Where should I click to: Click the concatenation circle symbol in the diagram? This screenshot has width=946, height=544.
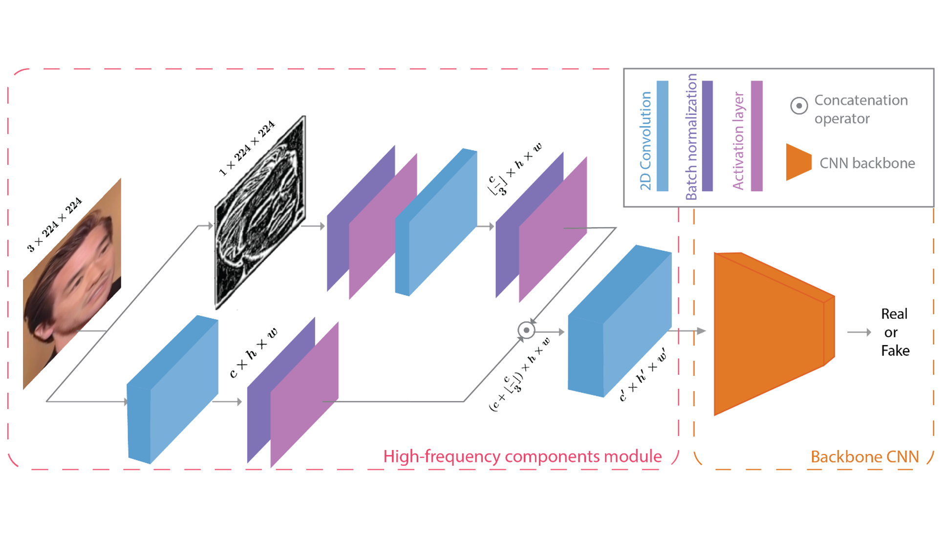coord(526,330)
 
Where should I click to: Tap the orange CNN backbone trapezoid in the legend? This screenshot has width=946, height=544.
coord(798,162)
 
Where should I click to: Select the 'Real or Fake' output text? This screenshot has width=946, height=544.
coord(894,332)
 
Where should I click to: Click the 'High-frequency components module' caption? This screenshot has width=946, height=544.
coord(522,456)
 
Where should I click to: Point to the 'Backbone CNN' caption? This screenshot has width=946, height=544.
coord(864,457)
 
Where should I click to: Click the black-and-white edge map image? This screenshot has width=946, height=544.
coord(260,213)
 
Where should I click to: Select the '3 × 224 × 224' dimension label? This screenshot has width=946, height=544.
coord(54,225)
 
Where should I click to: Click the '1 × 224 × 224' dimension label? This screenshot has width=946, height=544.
coord(247,148)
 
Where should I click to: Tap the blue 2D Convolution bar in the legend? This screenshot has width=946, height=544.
coord(662,136)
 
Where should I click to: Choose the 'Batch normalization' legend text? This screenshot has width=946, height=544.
coord(691,137)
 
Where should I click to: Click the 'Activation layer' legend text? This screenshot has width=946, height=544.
coord(738,141)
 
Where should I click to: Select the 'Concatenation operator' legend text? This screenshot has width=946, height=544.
coord(860,109)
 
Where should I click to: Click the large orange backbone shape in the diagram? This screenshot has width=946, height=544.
coord(770,332)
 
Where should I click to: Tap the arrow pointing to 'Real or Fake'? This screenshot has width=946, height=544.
coord(859,332)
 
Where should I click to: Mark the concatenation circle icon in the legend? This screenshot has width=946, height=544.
coord(799,106)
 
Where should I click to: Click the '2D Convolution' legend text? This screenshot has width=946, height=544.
coord(645,141)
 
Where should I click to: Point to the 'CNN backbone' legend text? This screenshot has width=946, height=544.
coord(867,163)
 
